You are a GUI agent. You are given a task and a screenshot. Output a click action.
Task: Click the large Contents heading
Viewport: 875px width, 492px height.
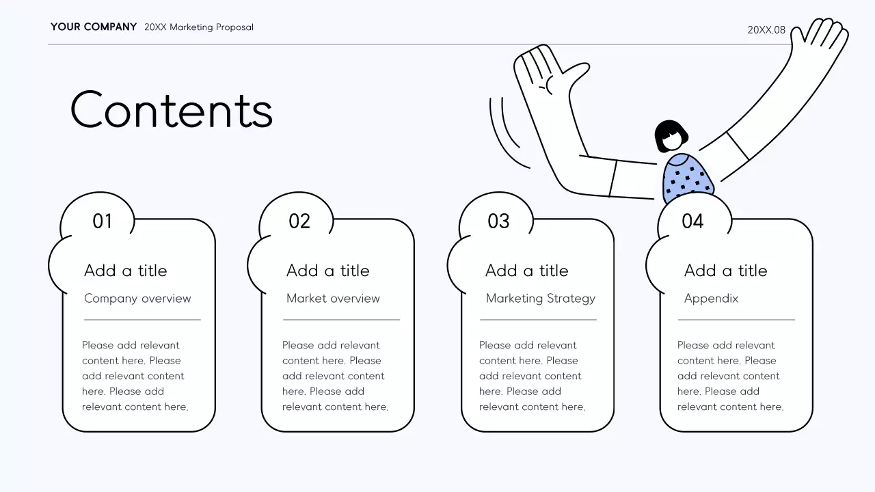(x=172, y=109)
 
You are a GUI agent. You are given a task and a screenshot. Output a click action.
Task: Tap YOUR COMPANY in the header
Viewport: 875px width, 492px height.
(x=94, y=27)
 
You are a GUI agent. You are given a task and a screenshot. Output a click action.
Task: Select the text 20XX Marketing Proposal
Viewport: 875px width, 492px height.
(x=199, y=27)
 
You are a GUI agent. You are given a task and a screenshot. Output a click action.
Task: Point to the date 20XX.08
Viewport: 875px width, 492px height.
(x=766, y=30)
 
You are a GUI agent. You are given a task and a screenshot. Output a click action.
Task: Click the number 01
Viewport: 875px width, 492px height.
(x=102, y=221)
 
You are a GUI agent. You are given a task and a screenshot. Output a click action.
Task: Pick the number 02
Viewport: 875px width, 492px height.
(x=299, y=221)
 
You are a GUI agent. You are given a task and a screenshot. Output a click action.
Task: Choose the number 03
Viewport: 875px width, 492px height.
(x=498, y=221)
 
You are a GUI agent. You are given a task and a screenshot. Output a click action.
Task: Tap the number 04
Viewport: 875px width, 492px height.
(x=692, y=221)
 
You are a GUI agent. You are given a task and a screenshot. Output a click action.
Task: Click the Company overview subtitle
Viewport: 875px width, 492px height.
(x=137, y=299)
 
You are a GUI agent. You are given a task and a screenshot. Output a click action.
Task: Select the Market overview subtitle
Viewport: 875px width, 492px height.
(x=333, y=299)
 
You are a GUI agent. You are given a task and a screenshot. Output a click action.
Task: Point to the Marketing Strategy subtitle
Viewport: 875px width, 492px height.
(x=541, y=299)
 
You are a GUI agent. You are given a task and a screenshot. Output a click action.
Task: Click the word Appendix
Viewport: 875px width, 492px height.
(x=711, y=299)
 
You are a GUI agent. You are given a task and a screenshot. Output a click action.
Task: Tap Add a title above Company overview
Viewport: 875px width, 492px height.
(x=125, y=271)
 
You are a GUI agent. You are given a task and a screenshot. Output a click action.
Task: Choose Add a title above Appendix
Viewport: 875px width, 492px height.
(x=725, y=271)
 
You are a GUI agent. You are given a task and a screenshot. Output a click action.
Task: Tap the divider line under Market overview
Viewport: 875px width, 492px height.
(x=341, y=320)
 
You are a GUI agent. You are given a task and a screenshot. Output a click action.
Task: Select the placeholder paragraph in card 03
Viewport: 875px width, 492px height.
(x=532, y=376)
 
